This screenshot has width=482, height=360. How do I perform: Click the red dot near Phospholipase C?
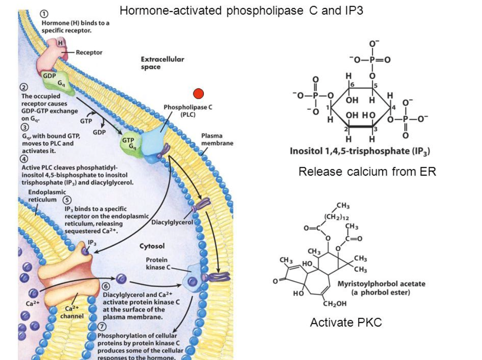(x=199, y=93)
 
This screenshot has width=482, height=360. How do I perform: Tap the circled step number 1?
(x=45, y=15)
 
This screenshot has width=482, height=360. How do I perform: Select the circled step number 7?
(x=102, y=327)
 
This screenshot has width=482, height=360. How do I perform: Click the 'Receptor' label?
(x=89, y=52)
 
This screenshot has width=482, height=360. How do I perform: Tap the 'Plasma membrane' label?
(x=217, y=139)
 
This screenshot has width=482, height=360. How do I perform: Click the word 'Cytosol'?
(x=152, y=246)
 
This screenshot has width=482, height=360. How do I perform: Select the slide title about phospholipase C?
(x=241, y=11)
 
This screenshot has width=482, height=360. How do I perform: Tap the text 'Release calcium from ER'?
(x=367, y=172)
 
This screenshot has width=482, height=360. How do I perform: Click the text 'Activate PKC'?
(x=346, y=322)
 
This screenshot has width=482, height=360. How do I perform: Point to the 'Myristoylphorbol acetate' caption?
(x=381, y=284)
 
